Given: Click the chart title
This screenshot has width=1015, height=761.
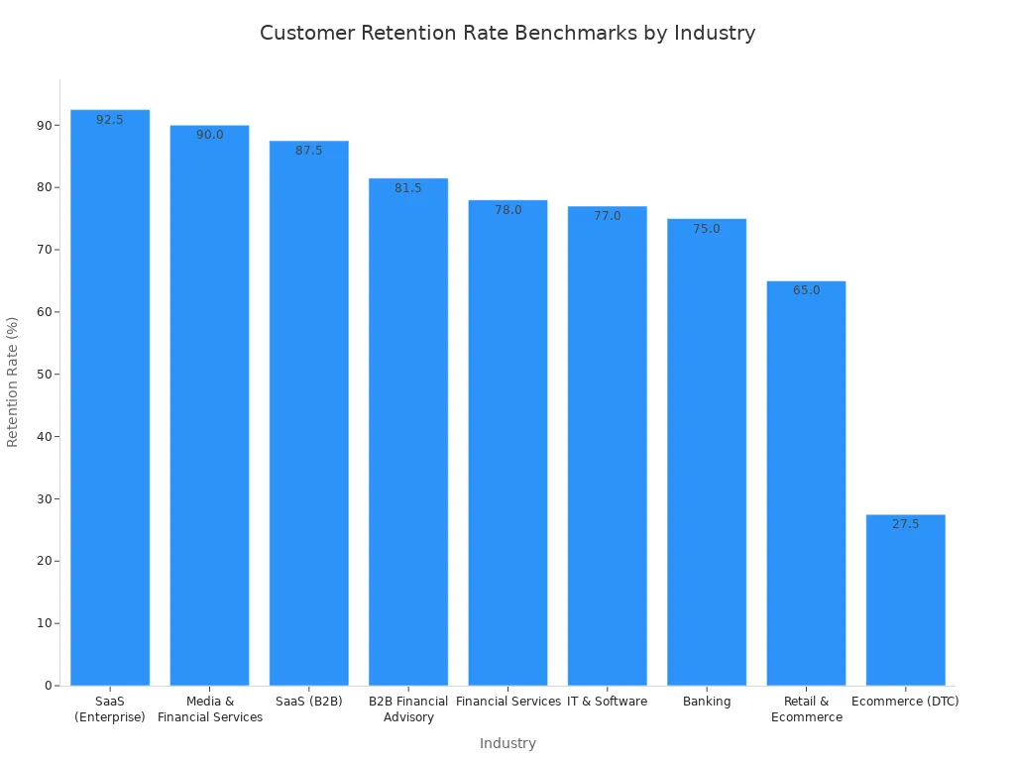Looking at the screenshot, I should click(507, 34).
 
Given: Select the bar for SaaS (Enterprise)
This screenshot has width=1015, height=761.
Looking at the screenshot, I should click(110, 396).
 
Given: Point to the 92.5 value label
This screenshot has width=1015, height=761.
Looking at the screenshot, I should click(110, 120).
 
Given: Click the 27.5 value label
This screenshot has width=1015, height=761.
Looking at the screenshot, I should click(905, 524).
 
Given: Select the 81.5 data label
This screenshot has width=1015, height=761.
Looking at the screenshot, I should click(408, 188).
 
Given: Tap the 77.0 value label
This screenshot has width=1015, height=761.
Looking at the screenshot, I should click(608, 216).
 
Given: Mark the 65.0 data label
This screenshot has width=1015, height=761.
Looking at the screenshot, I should click(806, 290).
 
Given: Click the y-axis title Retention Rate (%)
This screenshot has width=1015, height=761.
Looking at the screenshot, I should click(13, 381).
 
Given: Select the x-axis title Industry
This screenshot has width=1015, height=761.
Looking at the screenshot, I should click(507, 743).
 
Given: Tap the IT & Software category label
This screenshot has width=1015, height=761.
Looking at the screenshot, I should click(608, 702).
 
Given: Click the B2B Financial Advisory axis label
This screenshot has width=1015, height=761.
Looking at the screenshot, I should click(408, 709).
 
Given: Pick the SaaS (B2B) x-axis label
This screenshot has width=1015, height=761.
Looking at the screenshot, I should click(308, 702).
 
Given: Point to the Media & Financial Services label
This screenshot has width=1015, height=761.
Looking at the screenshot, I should click(210, 709).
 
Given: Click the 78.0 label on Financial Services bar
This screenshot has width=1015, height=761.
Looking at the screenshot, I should click(507, 210).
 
